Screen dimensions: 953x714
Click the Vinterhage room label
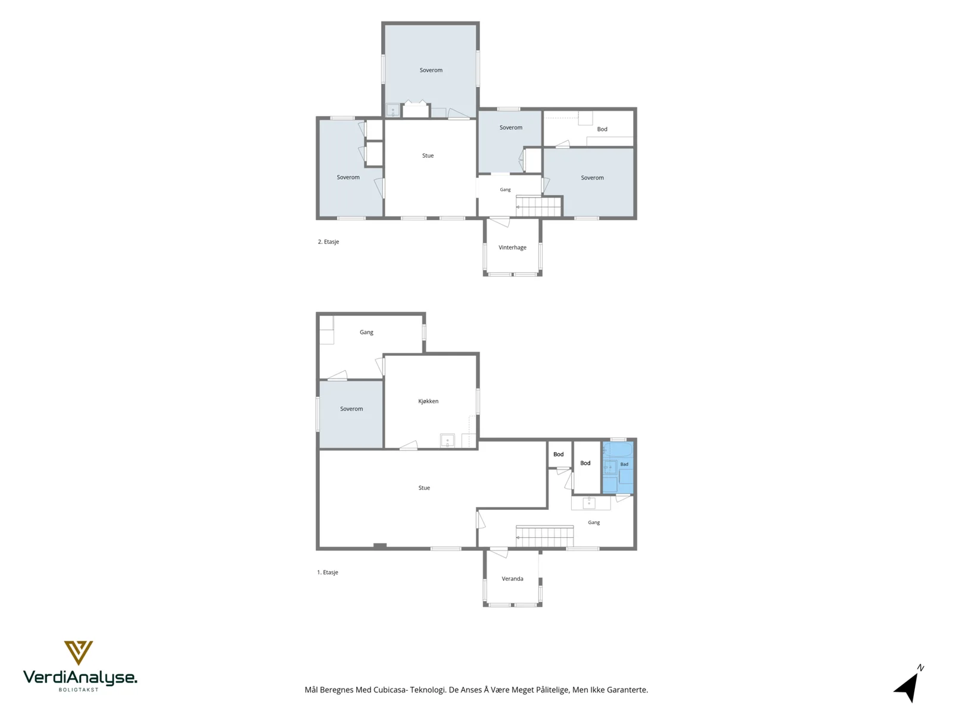pyautogui.click(x=512, y=248)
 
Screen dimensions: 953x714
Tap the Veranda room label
pyautogui.click(x=512, y=579)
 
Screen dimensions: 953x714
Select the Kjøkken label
pyautogui.click(x=428, y=402)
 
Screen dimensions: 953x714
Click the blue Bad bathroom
pyautogui.click(x=618, y=467)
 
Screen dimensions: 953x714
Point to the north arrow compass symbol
pyautogui.click(x=910, y=684)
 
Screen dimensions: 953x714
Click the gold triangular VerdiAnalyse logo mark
pyautogui.click(x=79, y=653)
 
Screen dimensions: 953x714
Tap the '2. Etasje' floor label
pyautogui.click(x=328, y=242)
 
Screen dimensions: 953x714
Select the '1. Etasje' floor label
pyautogui.click(x=328, y=572)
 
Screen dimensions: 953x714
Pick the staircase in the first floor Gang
pyautogui.click(x=544, y=537)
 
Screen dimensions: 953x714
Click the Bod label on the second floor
pyautogui.click(x=602, y=129)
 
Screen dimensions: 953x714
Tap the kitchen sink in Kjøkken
pyautogui.click(x=447, y=440)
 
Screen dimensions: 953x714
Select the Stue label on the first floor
pyautogui.click(x=424, y=488)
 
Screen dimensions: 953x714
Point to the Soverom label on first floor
pyautogui.click(x=351, y=409)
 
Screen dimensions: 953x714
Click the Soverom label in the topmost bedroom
pyautogui.click(x=431, y=70)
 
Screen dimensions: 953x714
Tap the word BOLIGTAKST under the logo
pyautogui.click(x=79, y=690)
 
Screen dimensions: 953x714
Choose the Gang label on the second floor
pyautogui.click(x=505, y=189)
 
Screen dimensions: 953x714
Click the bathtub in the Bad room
pyautogui.click(x=618, y=450)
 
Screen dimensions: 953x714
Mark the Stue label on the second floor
pyautogui.click(x=428, y=156)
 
